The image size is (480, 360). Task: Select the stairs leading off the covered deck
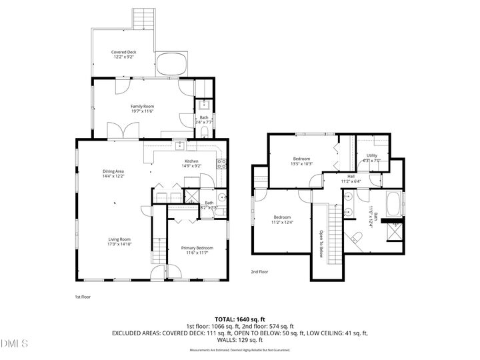[141, 19]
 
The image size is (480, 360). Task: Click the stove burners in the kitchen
[223, 163]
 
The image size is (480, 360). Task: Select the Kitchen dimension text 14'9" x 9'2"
[192, 166]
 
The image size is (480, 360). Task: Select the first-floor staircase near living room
[159, 250]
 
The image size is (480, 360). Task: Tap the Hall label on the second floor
[351, 177]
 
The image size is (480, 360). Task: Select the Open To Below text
[321, 244]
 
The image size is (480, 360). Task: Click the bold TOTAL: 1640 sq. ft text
[239, 319]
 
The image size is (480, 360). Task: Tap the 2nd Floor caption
[260, 272]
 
